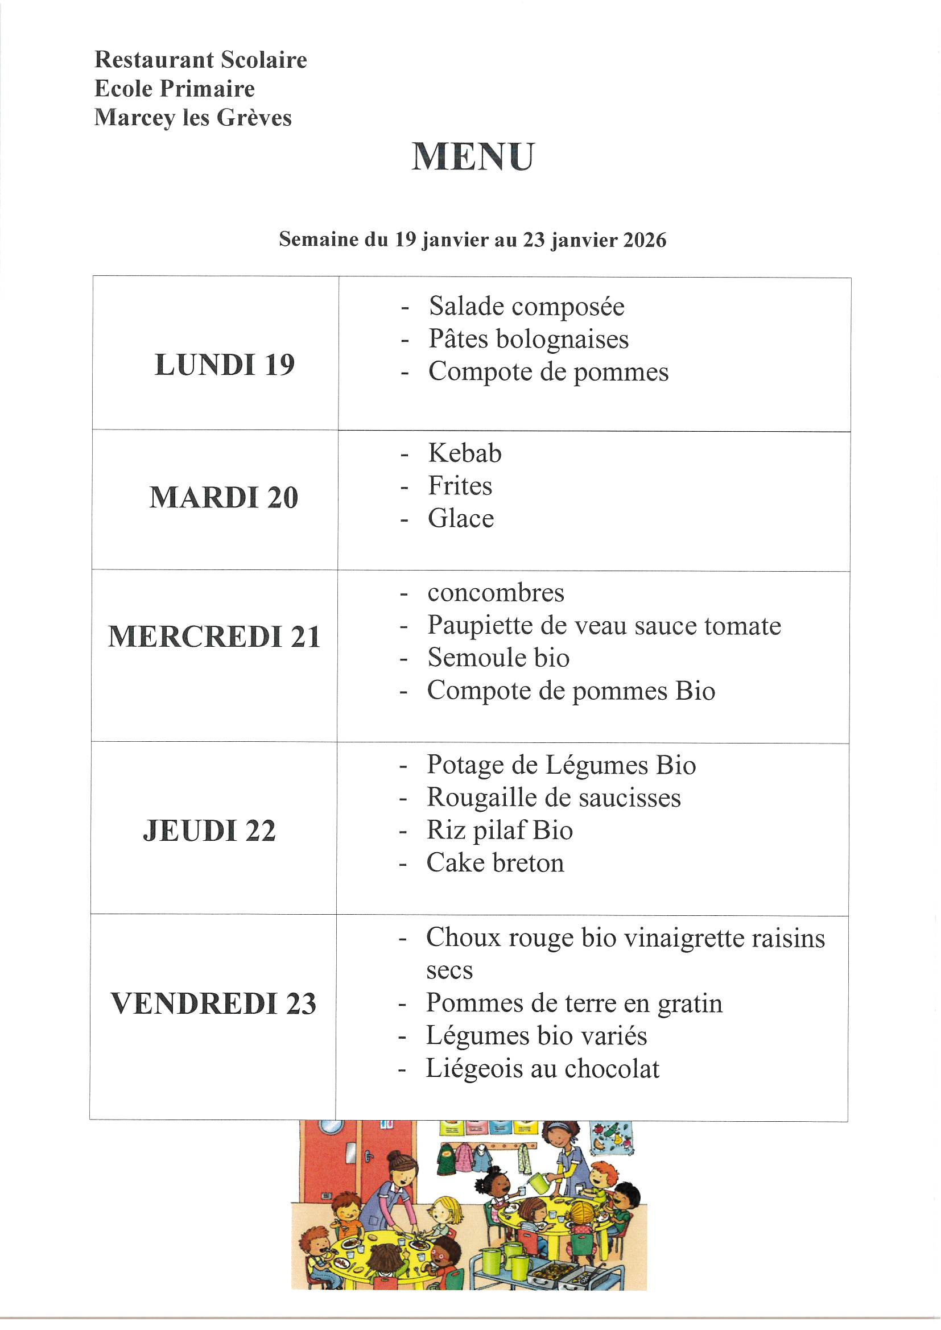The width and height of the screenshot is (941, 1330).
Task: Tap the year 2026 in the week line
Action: pos(645,240)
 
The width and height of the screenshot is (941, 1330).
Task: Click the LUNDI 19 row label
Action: pos(224,365)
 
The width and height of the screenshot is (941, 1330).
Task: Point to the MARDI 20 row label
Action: pos(224,498)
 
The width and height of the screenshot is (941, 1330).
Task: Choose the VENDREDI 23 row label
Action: pos(213,1004)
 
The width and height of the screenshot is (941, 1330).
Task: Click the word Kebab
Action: pos(465,453)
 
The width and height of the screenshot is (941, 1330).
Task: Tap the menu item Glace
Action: pos(461,519)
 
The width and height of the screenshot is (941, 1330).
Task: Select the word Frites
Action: pos(460,486)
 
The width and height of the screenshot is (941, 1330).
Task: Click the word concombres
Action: pos(496,593)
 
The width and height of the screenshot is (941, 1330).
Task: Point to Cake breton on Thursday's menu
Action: pos(495,863)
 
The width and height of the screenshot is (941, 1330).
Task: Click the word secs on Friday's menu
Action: pos(449,970)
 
